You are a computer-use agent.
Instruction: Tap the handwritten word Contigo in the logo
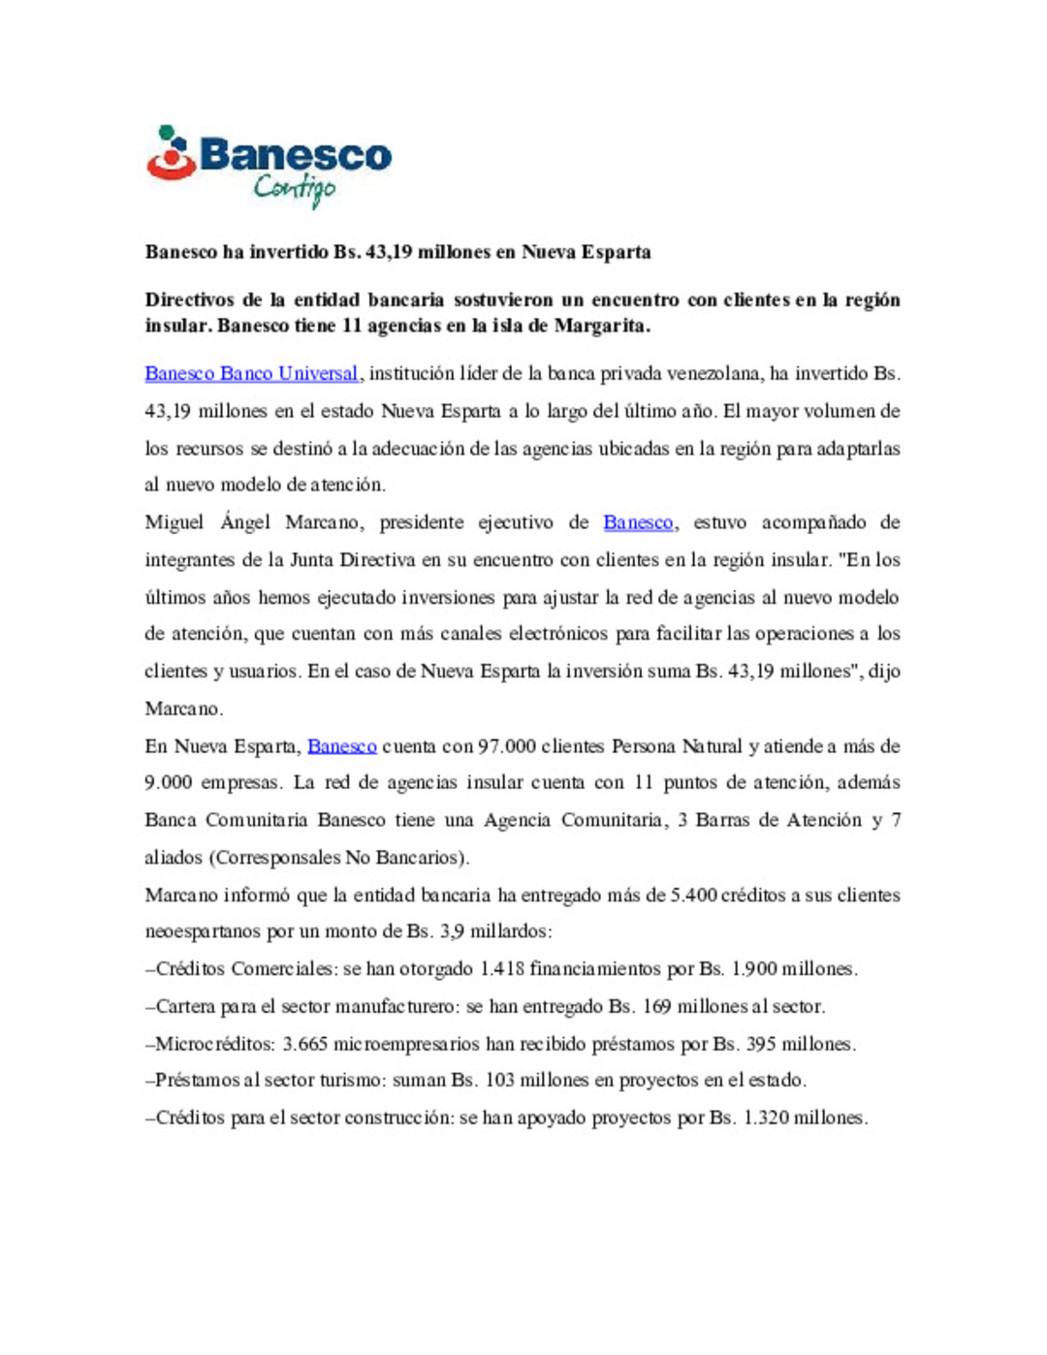point(295,188)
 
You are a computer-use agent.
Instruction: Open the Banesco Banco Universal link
point(251,373)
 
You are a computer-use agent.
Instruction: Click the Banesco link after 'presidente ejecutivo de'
point(637,522)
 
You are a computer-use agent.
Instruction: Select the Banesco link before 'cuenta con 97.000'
point(341,746)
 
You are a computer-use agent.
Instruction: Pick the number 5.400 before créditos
point(693,895)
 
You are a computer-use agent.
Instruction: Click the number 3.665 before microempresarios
point(304,1044)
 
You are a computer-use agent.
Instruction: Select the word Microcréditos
point(213,1044)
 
